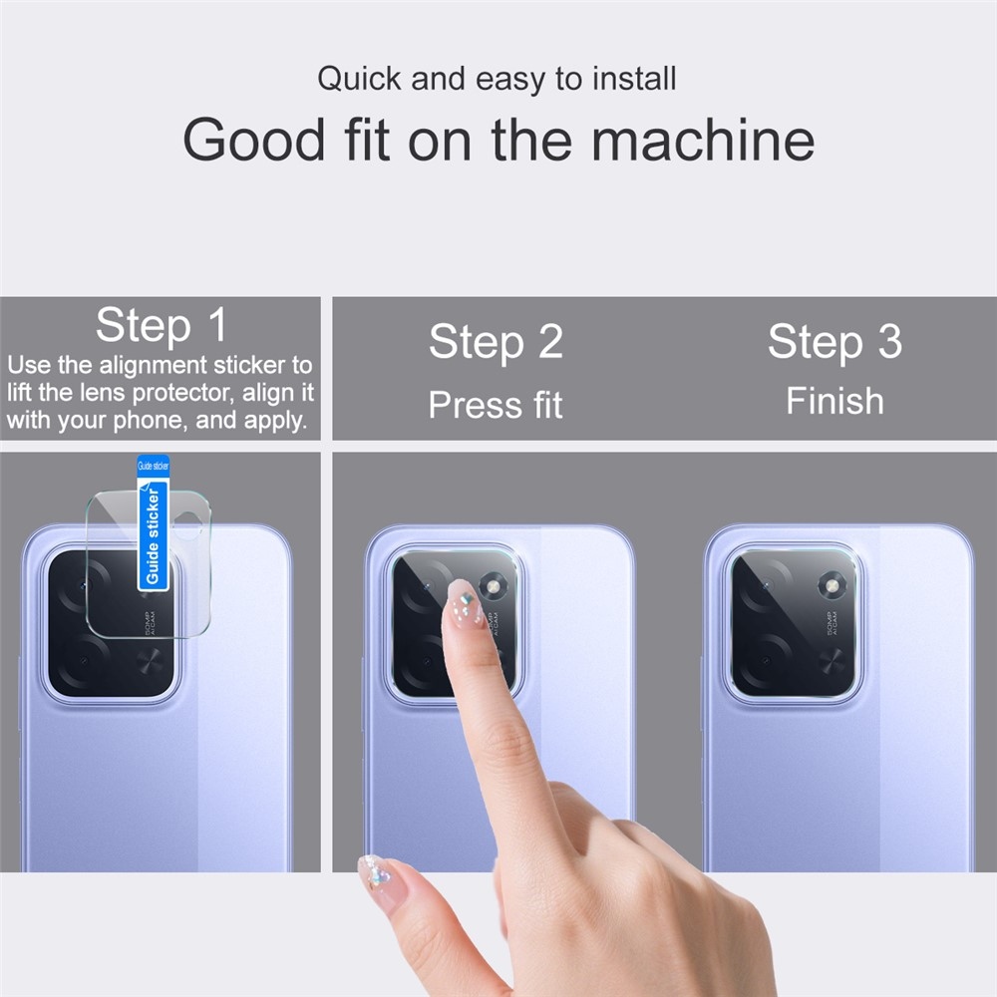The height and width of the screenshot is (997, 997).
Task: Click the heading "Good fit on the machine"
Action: [498, 140]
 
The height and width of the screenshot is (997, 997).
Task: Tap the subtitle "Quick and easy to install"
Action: [497, 79]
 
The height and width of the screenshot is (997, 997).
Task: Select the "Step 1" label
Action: [161, 325]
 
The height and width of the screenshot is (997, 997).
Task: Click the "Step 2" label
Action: [496, 343]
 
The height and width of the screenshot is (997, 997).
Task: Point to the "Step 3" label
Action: [834, 342]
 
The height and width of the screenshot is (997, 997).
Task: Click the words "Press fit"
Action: [496, 405]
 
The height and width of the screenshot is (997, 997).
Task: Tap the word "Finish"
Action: [834, 401]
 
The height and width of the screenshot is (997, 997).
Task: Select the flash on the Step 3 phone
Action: [831, 585]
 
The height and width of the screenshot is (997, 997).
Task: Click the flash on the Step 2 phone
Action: [491, 585]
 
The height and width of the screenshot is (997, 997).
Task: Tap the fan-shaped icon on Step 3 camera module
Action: [831, 659]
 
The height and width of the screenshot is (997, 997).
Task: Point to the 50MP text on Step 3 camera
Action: [832, 623]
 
